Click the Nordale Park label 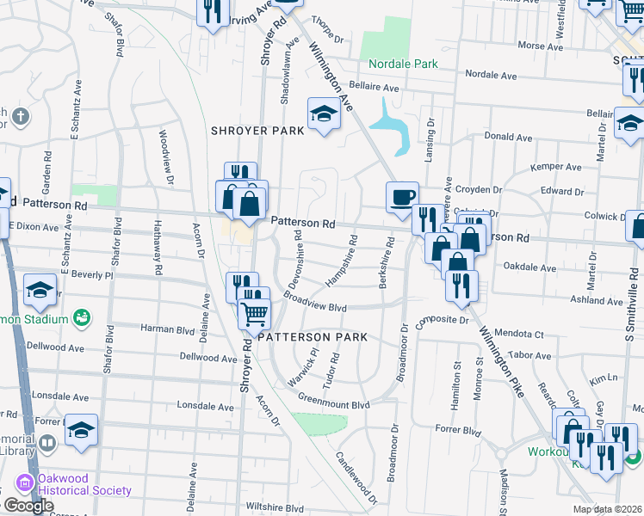click(403, 64)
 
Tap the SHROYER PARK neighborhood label click(258, 131)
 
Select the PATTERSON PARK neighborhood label click(313, 336)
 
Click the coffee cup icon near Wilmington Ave click(402, 197)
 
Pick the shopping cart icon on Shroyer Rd click(253, 315)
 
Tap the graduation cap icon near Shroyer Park click(324, 114)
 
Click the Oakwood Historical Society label click(84, 490)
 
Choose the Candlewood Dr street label click(356, 477)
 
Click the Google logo click(28, 506)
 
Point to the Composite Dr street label click(440, 320)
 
